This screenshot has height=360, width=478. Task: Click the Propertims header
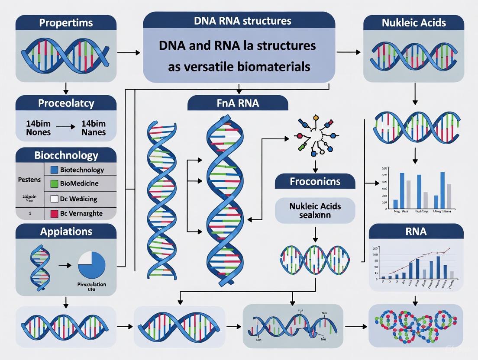point(65,22)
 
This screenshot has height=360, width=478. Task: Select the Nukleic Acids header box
point(413,22)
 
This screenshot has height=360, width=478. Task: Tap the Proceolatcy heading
point(66,104)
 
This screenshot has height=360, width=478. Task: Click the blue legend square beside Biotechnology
point(54,170)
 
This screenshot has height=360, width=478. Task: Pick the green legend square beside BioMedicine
point(54,183)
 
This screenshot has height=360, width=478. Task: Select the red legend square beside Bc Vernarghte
point(54,213)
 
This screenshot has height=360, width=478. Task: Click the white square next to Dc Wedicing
point(54,199)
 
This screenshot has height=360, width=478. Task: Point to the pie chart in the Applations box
point(92,266)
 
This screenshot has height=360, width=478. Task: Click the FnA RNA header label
point(238,104)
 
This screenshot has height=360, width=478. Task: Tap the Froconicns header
point(315,181)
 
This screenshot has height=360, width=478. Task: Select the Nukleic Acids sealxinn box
point(315,210)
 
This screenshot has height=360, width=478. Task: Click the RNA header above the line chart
point(416,231)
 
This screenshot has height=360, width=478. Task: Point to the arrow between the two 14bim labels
point(66,128)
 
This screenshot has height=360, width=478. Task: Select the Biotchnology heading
point(66,155)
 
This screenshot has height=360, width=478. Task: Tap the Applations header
point(66,231)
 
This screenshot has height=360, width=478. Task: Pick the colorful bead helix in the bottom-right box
point(415,325)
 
